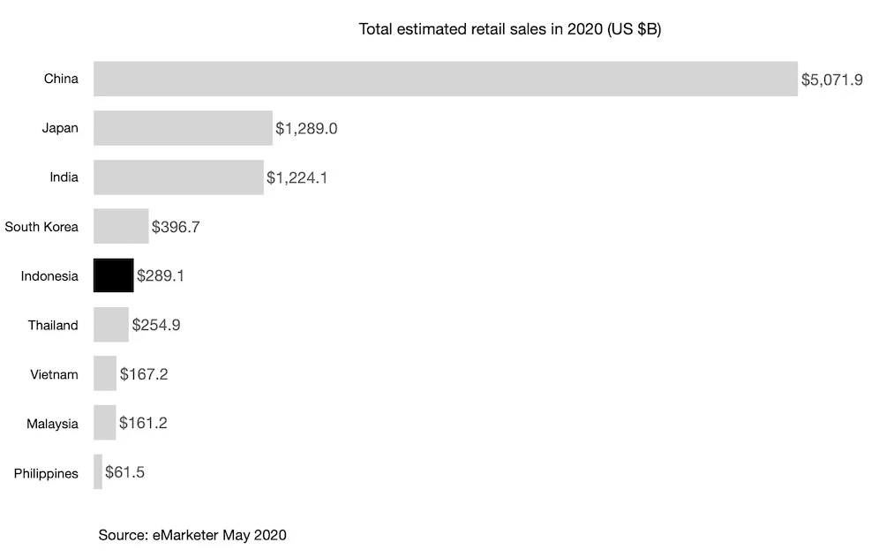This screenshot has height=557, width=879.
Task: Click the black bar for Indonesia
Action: pyautogui.click(x=113, y=275)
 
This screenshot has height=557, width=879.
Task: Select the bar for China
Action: pyautogui.click(x=446, y=79)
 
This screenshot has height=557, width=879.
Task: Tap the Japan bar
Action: pyautogui.click(x=183, y=128)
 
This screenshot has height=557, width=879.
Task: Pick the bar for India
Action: pyautogui.click(x=178, y=177)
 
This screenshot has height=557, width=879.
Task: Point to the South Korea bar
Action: pyautogui.click(x=121, y=226)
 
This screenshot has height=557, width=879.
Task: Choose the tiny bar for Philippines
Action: pyautogui.click(x=98, y=472)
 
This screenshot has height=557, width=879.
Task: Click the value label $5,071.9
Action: pyautogui.click(x=831, y=79)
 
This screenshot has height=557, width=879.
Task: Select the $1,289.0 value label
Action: pyautogui.click(x=306, y=129)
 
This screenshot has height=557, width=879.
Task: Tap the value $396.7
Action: pyautogui.click(x=176, y=227)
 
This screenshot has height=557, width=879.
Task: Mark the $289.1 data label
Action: pyautogui.click(x=161, y=276)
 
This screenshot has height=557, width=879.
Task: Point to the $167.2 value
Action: pyautogui.click(x=144, y=374)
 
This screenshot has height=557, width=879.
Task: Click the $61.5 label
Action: pyautogui.click(x=124, y=473)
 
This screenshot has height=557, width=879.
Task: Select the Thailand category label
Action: pyautogui.click(x=53, y=325)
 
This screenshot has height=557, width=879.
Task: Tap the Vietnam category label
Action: pyautogui.click(x=54, y=374)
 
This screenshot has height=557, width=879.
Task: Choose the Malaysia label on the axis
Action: pyautogui.click(x=52, y=424)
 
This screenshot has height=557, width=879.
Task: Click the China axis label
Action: pyautogui.click(x=61, y=79)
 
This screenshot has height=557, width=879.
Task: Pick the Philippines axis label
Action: pyautogui.click(x=46, y=473)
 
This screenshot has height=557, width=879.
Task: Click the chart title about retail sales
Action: pyautogui.click(x=510, y=29)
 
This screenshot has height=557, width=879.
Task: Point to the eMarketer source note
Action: pyautogui.click(x=192, y=535)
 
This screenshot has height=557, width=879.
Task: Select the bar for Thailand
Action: pyautogui.click(x=111, y=325)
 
